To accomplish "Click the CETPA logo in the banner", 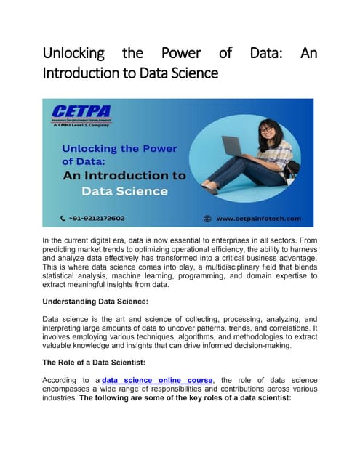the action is click(x=80, y=113).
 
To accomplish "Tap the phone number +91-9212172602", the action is click(x=95, y=217).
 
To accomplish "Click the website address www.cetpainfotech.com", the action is click(x=263, y=217).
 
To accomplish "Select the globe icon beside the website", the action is click(x=207, y=217).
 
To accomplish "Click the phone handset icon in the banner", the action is click(x=63, y=217).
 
